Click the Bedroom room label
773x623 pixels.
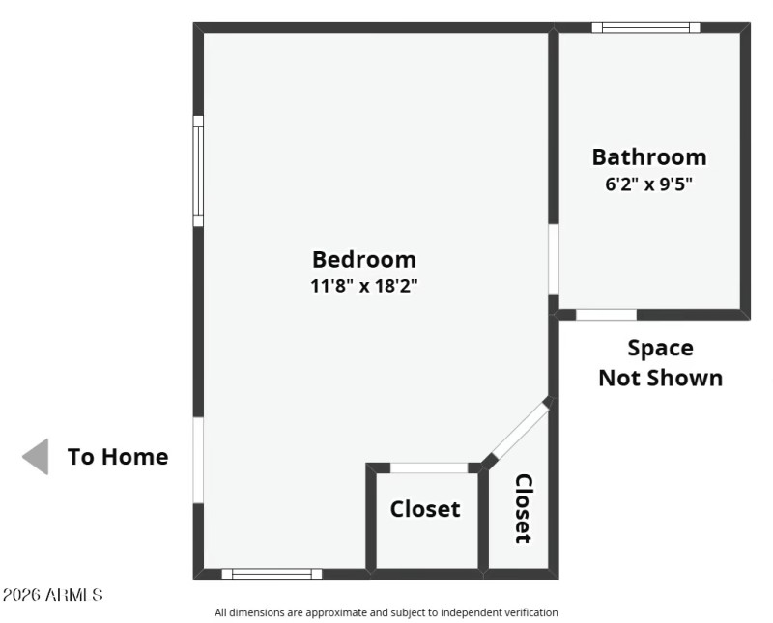click(x=364, y=259)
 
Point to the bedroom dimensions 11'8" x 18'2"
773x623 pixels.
click(x=364, y=286)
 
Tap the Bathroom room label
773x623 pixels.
click(x=648, y=156)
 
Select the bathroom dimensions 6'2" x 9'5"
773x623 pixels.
click(x=648, y=184)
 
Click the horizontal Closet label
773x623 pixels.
click(x=425, y=509)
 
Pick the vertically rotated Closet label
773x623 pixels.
click(x=523, y=508)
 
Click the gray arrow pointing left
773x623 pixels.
click(x=36, y=457)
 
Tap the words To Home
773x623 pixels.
click(x=118, y=457)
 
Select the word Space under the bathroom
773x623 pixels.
click(x=660, y=348)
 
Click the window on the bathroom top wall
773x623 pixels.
click(x=645, y=28)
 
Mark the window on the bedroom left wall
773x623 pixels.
click(x=198, y=171)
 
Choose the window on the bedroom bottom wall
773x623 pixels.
click(x=272, y=574)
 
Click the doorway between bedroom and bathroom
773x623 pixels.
click(x=554, y=259)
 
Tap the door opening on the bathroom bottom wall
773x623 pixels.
click(x=606, y=315)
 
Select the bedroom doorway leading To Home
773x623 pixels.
click(x=198, y=460)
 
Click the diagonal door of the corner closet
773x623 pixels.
click(x=517, y=432)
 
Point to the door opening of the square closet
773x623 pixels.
click(x=428, y=468)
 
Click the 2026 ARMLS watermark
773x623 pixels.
click(x=53, y=595)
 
